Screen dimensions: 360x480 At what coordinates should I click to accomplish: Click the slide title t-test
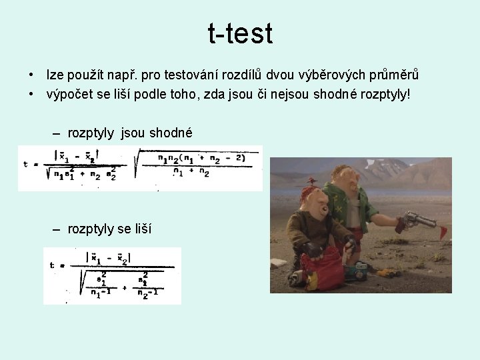coord(240,33)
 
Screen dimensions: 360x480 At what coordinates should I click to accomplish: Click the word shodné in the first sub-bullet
coord(171,133)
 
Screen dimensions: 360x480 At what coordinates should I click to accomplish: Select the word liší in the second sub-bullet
coord(142,229)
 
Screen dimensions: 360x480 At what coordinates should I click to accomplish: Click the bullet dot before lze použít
coord(31,75)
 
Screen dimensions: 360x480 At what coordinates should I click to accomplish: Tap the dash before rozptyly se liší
coord(57,229)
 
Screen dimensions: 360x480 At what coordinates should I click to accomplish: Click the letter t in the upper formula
coord(25,164)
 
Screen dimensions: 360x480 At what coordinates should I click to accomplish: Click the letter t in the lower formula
coord(52,265)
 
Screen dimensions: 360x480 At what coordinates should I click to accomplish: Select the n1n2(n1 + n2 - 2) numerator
coord(200,159)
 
